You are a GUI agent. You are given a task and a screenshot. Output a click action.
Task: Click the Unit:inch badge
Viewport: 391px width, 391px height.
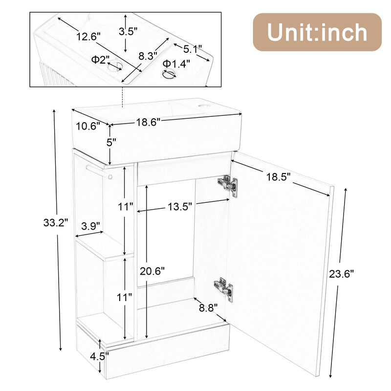click(317, 32)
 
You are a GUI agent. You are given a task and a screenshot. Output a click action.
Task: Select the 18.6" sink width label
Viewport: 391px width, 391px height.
click(148, 122)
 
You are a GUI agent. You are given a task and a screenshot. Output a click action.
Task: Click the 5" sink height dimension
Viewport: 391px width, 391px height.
click(111, 143)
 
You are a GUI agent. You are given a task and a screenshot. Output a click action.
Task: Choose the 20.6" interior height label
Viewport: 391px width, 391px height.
click(153, 270)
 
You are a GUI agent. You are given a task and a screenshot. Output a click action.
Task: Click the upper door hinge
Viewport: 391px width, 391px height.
click(228, 186)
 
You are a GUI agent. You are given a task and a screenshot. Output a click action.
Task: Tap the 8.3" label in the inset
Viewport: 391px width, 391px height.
click(148, 56)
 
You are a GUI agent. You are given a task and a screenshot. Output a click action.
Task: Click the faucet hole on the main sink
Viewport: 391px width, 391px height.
click(206, 105)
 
